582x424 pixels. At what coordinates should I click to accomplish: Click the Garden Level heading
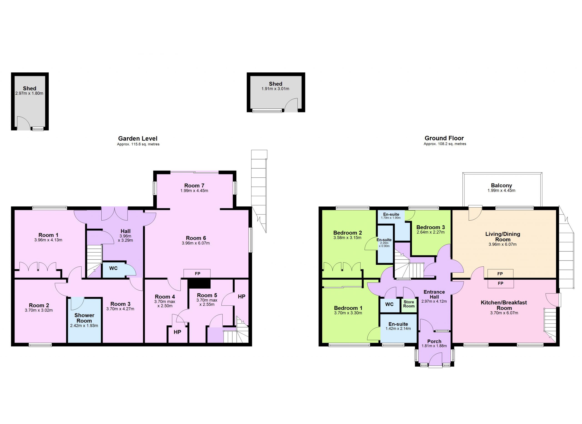138,138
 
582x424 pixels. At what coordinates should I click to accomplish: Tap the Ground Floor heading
444,138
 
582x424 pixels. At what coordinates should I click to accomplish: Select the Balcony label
502,185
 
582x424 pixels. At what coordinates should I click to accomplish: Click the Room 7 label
194,186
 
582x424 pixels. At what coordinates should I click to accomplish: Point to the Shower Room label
84,318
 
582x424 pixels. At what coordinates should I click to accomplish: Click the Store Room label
409,304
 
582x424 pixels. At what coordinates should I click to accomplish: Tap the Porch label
434,341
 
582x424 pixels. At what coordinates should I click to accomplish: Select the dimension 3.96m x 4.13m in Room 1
48,240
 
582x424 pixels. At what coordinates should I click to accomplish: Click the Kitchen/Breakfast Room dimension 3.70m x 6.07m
504,313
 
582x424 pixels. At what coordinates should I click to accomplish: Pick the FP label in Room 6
197,273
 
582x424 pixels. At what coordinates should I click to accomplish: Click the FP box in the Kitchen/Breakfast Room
501,284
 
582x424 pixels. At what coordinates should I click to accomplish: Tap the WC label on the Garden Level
113,268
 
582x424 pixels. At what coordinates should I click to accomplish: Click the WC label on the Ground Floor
389,304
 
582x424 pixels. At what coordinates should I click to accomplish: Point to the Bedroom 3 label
430,227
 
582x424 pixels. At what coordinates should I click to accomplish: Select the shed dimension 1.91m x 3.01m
275,89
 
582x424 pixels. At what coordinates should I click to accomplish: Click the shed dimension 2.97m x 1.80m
29,93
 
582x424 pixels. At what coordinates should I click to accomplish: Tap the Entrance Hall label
434,294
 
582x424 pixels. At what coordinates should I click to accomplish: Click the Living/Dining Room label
503,237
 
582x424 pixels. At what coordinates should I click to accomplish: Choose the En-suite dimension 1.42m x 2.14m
398,329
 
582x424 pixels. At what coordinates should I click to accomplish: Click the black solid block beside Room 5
199,284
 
